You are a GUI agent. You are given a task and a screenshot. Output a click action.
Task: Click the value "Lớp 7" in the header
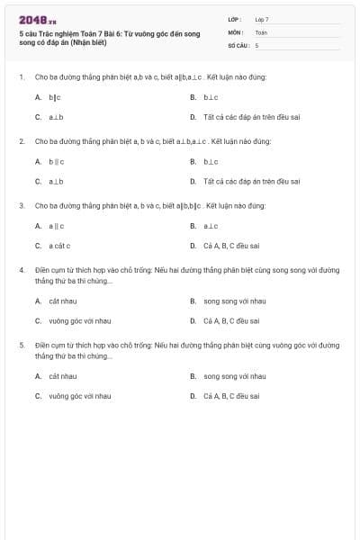point(262,19)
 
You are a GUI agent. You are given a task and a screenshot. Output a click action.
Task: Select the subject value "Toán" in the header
point(261,31)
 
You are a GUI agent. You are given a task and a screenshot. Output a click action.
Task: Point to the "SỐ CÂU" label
point(238,44)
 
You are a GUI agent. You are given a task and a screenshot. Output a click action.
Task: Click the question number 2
point(21,141)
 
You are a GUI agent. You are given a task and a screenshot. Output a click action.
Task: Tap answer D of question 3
point(231,246)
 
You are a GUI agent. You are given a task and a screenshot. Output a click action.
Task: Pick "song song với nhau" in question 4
point(234,301)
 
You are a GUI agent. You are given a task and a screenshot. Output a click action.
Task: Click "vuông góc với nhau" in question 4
point(79,320)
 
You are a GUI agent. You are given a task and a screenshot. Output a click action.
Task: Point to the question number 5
point(21,345)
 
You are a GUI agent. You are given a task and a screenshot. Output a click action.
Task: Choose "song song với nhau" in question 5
point(234,375)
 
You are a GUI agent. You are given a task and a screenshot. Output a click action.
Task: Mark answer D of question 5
point(231,395)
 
